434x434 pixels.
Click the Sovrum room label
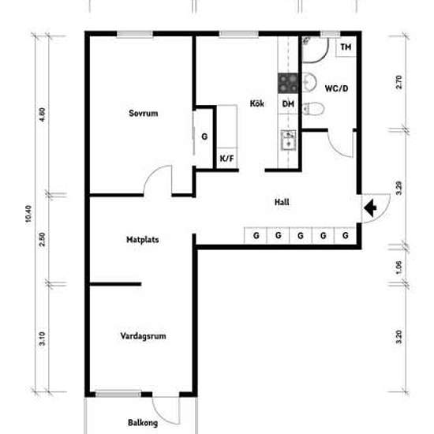coord(144,113)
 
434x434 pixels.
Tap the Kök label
coord(257,103)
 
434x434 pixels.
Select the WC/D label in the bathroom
coord(336,88)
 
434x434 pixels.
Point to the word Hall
coord(282,202)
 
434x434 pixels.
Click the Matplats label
coord(143,239)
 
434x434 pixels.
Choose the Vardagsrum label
coord(143,336)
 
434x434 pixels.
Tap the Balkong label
coord(143,423)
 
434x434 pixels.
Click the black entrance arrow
coord(370,208)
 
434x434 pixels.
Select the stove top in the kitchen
coord(288,83)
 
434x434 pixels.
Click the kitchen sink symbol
coord(288,140)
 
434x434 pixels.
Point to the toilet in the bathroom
coord(313,109)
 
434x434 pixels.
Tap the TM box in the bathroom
coord(346,47)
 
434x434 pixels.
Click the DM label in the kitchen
coord(288,104)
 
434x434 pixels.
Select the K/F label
coord(226,159)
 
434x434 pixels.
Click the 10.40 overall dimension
coord(28,213)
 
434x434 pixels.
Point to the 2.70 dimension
coord(399,82)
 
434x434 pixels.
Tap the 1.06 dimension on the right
coord(398,268)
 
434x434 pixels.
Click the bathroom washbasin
coord(309,82)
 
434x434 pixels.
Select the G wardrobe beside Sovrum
coord(204,137)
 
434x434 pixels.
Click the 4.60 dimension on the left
coord(42,114)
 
